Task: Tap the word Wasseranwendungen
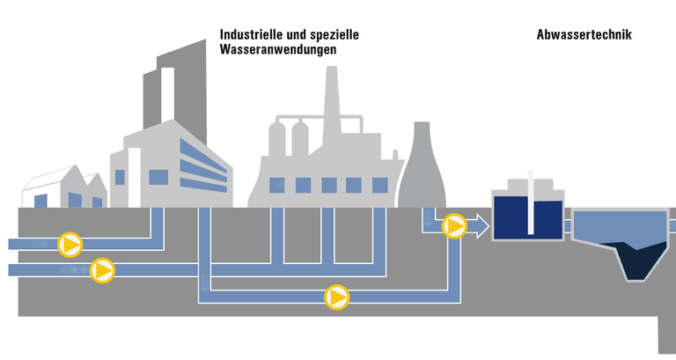(277, 50)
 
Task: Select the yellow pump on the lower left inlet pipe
(103, 269)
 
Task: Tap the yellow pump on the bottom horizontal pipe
(336, 298)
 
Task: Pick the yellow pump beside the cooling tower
(454, 227)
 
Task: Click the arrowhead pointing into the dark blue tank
(482, 228)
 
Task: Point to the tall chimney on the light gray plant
(333, 97)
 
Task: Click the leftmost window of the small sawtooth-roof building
(40, 201)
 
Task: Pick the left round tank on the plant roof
(277, 141)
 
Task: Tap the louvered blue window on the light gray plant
(276, 186)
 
